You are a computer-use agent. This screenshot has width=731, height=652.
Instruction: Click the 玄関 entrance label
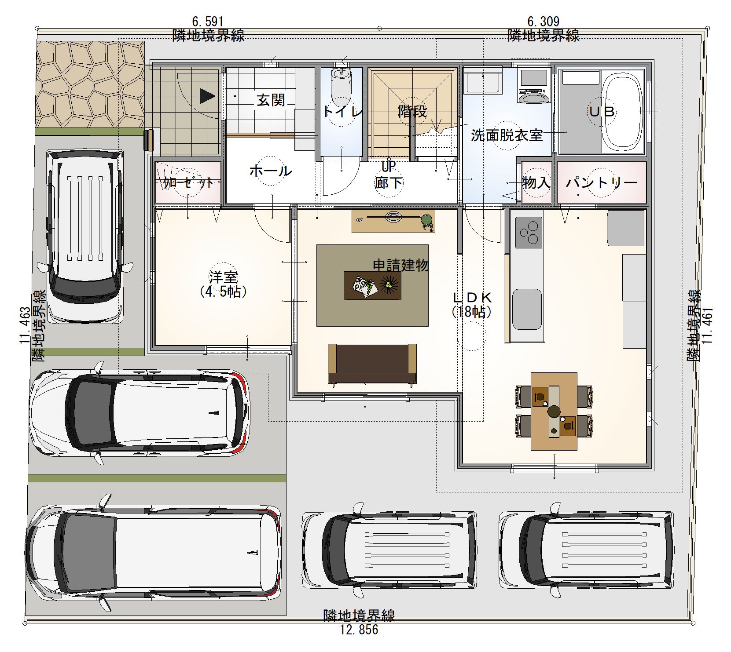pos(271,101)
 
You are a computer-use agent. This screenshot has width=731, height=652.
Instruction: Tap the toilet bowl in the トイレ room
pos(341,77)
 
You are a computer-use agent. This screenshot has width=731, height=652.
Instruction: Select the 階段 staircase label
pos(412,111)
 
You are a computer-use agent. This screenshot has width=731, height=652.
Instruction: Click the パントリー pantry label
pos(602,182)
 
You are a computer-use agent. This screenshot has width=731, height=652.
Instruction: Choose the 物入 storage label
pos(536,182)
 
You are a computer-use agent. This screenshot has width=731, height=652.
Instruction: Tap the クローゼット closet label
pos(188,182)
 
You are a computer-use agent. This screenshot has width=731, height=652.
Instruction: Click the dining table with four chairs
pos(554,411)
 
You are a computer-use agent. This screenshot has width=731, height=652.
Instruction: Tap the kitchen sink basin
pos(527,309)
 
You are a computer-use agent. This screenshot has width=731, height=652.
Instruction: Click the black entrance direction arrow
pos(207,96)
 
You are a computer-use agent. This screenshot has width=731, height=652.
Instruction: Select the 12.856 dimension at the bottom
pos(359,630)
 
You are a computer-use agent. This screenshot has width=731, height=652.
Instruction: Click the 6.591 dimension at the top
pos(208,21)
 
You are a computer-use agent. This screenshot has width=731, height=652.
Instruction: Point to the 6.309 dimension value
pos(543,21)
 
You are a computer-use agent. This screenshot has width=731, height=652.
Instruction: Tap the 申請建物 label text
pos(400,265)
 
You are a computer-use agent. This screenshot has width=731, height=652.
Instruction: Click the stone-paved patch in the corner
pos(90,84)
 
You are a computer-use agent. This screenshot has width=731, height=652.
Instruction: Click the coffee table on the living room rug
pos(372,285)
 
